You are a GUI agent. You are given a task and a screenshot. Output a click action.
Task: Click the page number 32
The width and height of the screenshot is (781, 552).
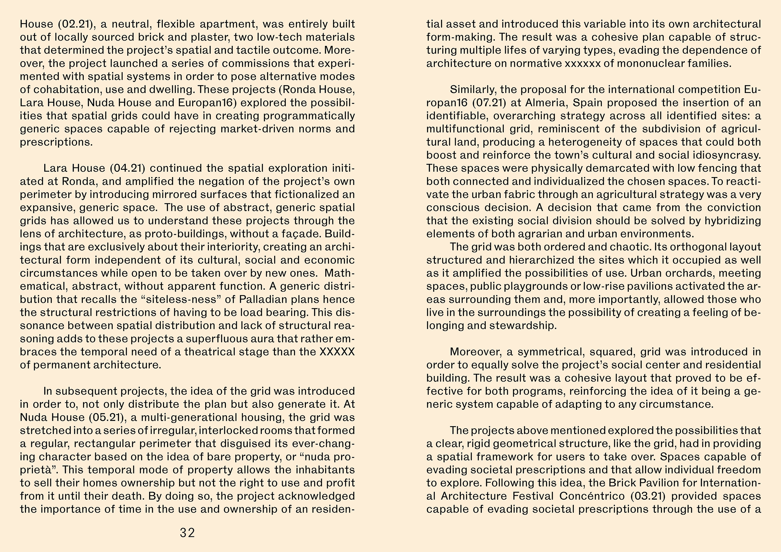point(187,532)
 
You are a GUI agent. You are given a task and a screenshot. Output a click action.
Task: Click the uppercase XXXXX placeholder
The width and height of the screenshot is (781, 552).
point(337,352)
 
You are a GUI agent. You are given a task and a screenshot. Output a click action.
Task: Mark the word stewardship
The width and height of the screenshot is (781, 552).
point(523,326)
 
